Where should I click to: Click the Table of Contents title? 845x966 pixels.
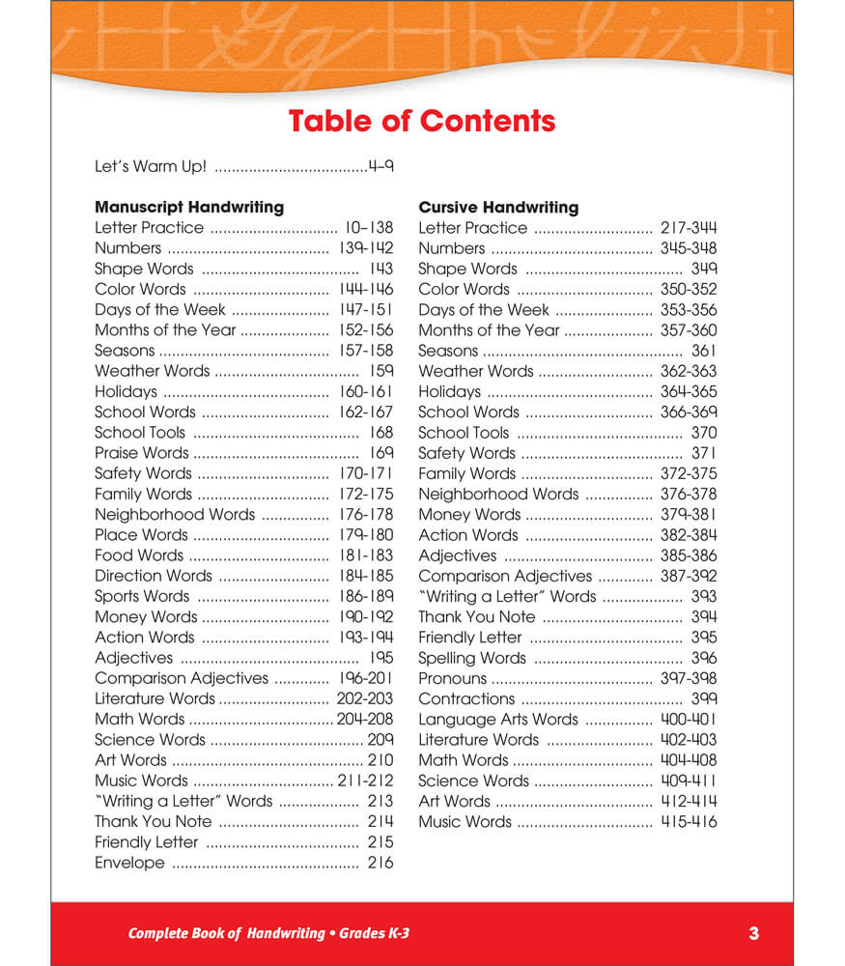[x=422, y=122]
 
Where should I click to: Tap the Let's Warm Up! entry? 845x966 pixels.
[x=151, y=166]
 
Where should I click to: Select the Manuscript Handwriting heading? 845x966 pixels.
[x=189, y=207]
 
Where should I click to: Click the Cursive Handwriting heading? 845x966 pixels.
[x=498, y=207]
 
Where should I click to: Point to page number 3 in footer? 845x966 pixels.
[x=753, y=933]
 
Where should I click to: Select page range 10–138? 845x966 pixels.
[x=369, y=228]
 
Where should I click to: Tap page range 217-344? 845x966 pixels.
[x=689, y=228]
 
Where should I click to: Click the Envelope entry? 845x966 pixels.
[x=129, y=863]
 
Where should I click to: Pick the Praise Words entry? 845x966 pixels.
[x=142, y=453]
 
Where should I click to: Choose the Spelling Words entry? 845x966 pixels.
[x=472, y=658]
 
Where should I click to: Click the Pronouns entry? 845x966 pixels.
[x=452, y=678]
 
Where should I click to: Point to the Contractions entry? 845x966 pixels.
[x=466, y=698]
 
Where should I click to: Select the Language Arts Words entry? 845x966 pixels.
[x=498, y=720]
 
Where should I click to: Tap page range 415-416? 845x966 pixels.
[x=689, y=822]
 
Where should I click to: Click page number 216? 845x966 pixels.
[x=380, y=863]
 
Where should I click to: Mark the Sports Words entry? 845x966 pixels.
[x=142, y=596]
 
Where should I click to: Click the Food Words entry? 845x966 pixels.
[x=139, y=555]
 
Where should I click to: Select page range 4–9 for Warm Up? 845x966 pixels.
[x=380, y=166]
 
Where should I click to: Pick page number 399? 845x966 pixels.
[x=704, y=698]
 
